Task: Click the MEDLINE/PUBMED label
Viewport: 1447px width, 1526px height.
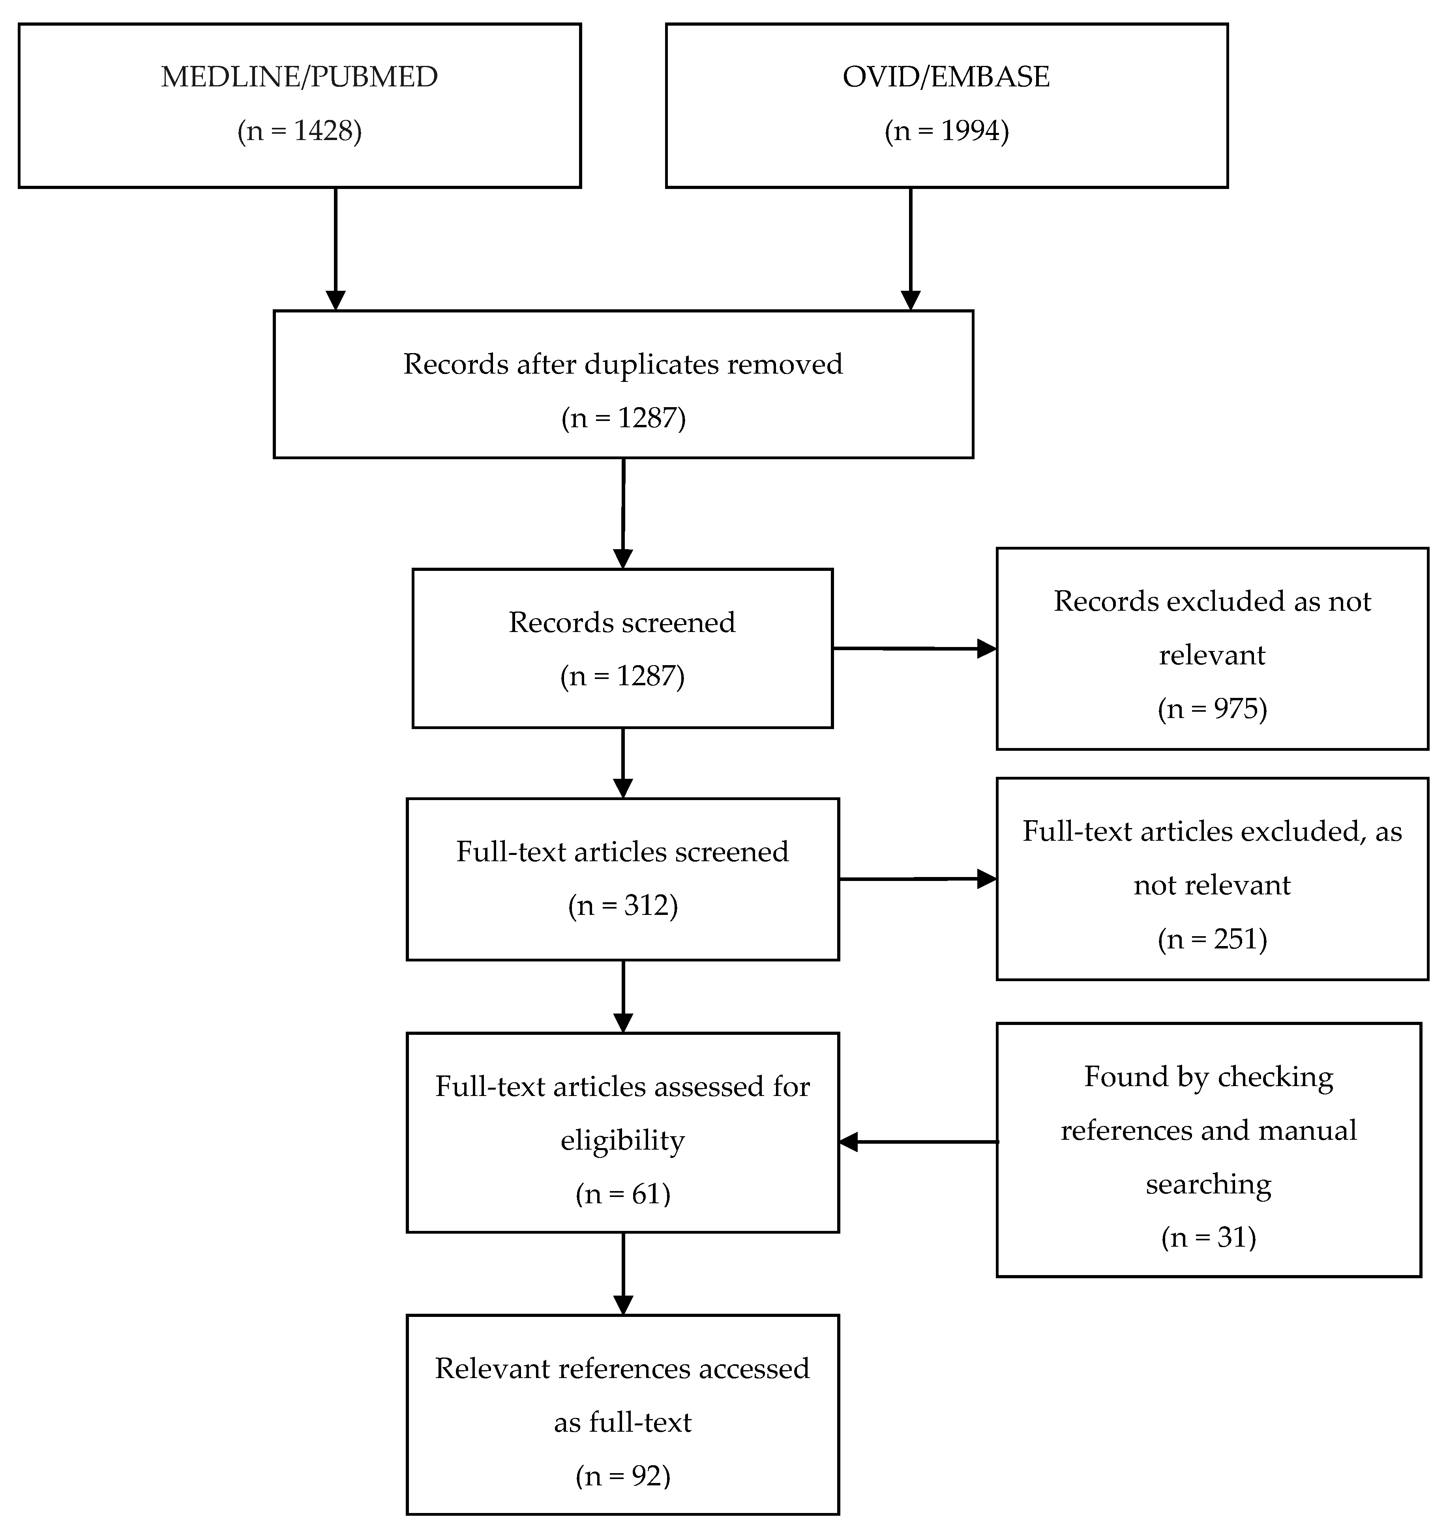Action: (x=299, y=77)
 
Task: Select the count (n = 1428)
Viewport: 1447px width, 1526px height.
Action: (x=299, y=131)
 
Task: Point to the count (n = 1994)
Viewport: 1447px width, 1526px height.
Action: (x=947, y=131)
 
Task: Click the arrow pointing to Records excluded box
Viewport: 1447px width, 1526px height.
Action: (x=914, y=649)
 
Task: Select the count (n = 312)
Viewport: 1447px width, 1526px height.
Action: (x=622, y=905)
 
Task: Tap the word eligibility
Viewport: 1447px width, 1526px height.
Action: (x=622, y=1141)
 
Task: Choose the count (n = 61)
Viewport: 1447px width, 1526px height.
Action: (x=622, y=1194)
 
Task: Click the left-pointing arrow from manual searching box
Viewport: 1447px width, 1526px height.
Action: (x=918, y=1142)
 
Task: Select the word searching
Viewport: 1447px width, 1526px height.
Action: (x=1208, y=1184)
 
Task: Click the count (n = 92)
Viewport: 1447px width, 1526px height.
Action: (x=622, y=1475)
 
